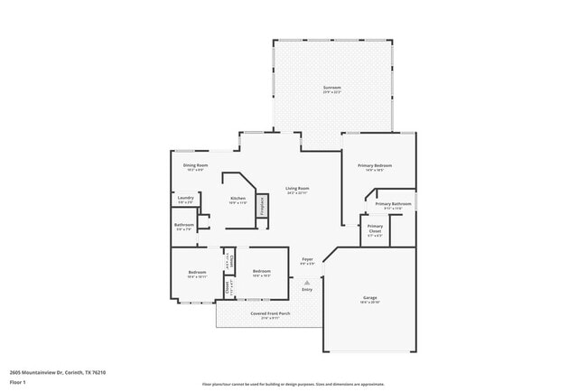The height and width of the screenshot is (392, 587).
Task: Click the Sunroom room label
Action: pos(333,88)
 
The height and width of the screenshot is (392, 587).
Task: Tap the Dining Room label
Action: pos(196,165)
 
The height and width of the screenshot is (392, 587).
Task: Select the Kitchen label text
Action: pos(238,198)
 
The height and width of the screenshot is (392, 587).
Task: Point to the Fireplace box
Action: pos(262,205)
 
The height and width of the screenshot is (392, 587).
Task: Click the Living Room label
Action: pos(297,188)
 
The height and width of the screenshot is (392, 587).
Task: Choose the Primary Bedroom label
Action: pos(374,166)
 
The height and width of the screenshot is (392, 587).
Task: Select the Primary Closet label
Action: pos(375,229)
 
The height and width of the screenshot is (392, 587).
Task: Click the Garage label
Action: pos(370,297)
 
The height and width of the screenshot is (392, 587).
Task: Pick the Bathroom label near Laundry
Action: pos(184,225)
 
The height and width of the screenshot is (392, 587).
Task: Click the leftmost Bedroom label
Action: pos(198,272)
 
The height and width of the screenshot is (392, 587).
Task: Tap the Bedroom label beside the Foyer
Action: pos(262,272)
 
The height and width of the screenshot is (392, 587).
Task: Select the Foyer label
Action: pos(307,259)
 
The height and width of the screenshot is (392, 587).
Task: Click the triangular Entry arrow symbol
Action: pos(307,283)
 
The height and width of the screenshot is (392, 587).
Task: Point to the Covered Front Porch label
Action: pos(270,313)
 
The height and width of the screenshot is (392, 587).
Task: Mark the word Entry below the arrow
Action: pos(307,290)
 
